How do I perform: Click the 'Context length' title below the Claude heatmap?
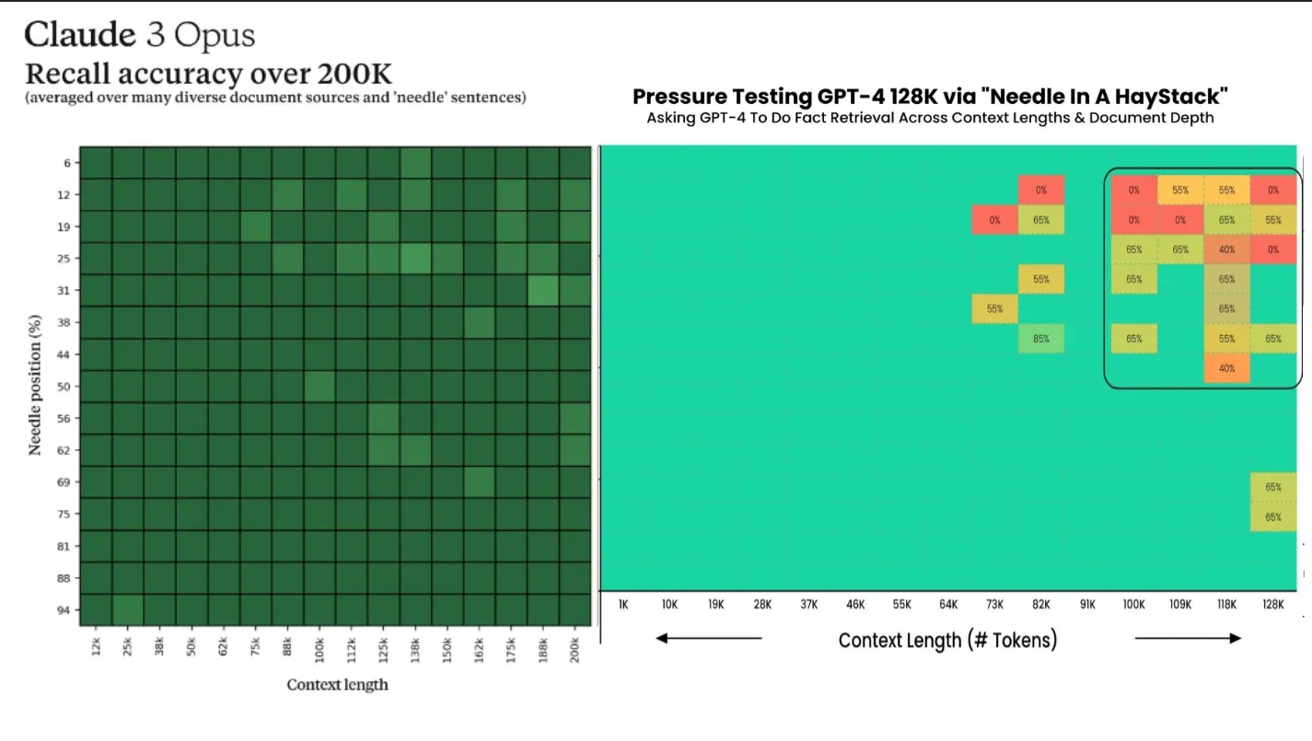point(337,684)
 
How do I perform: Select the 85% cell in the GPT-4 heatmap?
point(1041,338)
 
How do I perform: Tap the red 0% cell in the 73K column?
point(994,220)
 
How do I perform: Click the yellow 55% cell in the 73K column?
point(994,309)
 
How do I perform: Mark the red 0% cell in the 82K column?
point(1041,191)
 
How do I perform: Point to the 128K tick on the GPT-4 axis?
point(1272,605)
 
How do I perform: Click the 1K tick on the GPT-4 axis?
point(623,605)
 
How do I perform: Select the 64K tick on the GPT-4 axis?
point(948,605)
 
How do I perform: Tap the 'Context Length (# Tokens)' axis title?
point(947,640)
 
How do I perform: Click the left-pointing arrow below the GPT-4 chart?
point(709,638)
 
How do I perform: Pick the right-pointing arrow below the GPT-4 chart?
point(1188,638)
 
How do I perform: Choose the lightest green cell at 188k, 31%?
point(542,291)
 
